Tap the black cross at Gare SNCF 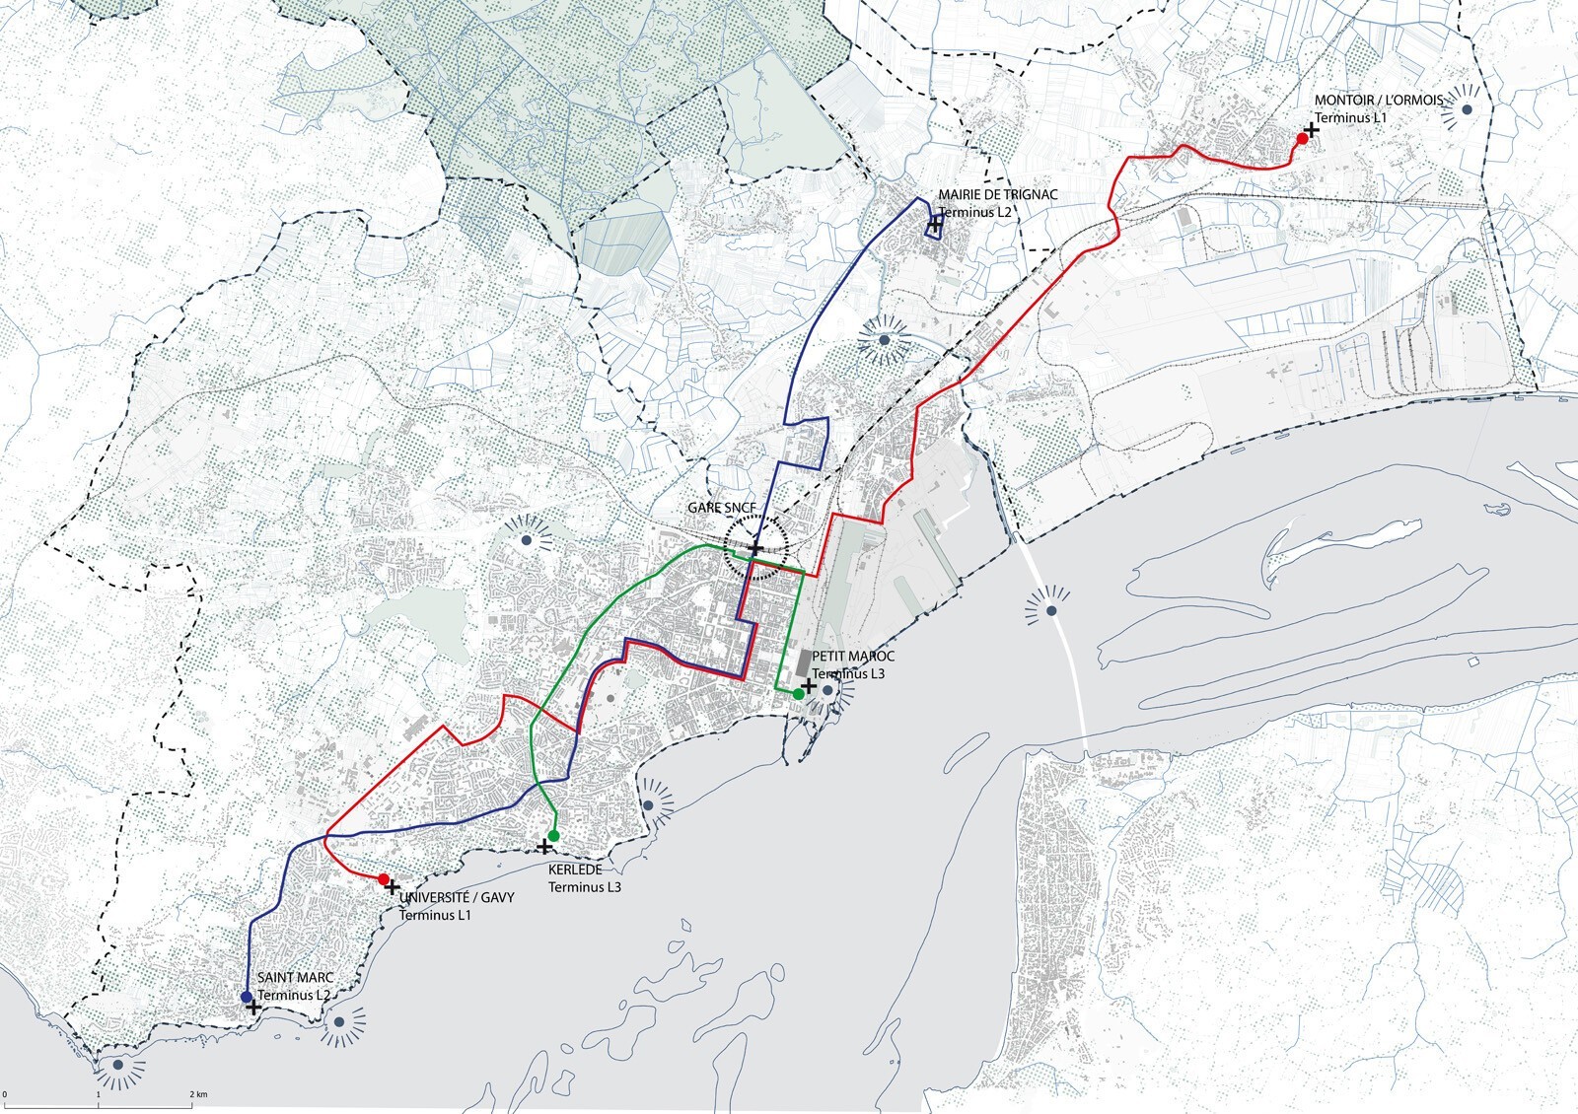[754, 547]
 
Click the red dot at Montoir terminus [1301, 139]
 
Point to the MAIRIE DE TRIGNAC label [997, 195]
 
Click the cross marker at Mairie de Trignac [934, 225]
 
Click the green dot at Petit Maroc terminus [797, 694]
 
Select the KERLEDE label [575, 870]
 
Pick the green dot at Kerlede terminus [553, 836]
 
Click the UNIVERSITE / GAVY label [450, 899]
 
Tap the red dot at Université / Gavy [383, 878]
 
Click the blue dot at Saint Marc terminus [246, 998]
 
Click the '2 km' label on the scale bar [198, 1094]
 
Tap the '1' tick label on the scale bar [100, 1094]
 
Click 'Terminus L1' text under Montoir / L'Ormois [1350, 117]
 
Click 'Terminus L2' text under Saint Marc [293, 995]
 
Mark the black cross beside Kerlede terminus [543, 846]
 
